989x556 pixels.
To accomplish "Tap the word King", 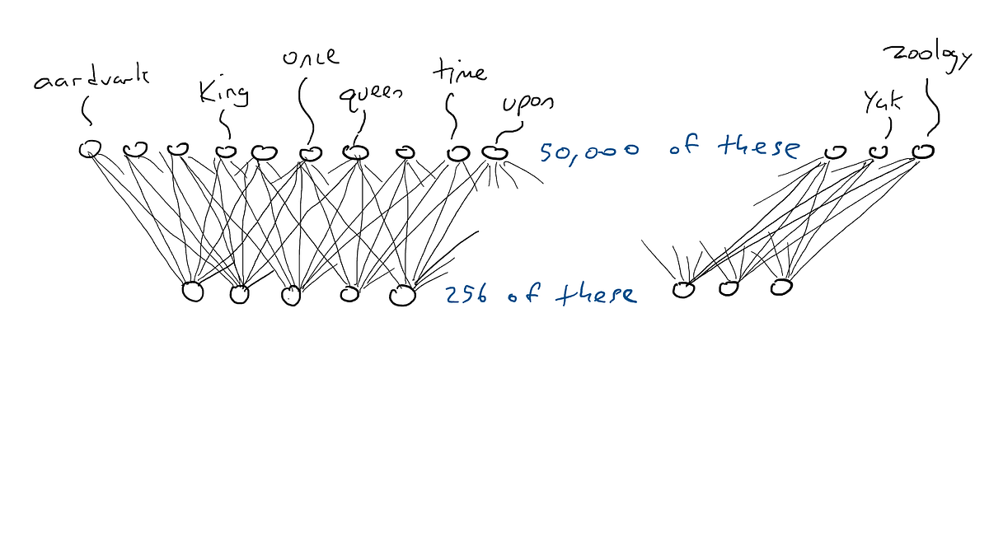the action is click(x=223, y=92).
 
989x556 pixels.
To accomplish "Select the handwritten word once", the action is click(x=310, y=58).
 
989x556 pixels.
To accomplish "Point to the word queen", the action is click(x=371, y=94).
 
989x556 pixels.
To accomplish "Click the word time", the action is click(x=459, y=72).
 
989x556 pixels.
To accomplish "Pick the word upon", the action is click(x=528, y=104).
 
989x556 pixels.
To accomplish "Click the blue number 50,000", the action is click(x=589, y=151).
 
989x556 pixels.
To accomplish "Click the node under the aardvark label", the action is click(x=90, y=149).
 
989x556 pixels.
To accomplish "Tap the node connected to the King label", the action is click(x=226, y=151).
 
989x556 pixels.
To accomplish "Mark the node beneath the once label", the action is click(x=310, y=152).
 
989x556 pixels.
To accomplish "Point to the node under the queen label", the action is click(x=354, y=152).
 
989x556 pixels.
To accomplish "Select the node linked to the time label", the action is click(x=457, y=153).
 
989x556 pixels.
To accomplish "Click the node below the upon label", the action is click(x=494, y=152).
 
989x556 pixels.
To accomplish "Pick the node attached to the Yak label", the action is click(x=879, y=152).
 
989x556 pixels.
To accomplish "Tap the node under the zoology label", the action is click(x=923, y=151).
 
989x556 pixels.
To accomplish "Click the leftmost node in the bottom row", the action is click(x=192, y=292).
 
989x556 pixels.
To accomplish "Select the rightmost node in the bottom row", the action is click(x=780, y=287).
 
